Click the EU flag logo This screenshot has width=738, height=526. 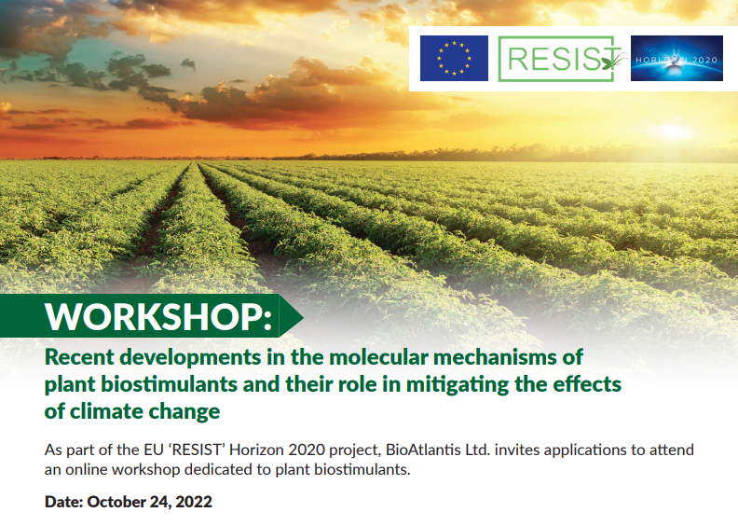tap(454, 59)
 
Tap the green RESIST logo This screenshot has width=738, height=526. tap(561, 59)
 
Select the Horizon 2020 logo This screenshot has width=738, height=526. tap(676, 59)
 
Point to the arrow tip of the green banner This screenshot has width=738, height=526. tap(303, 316)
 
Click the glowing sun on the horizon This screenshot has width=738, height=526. tap(673, 131)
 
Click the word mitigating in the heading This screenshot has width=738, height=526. tap(457, 385)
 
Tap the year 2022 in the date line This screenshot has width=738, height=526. tap(194, 502)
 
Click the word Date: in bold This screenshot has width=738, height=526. tap(63, 502)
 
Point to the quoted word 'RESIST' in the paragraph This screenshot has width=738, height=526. tap(197, 450)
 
